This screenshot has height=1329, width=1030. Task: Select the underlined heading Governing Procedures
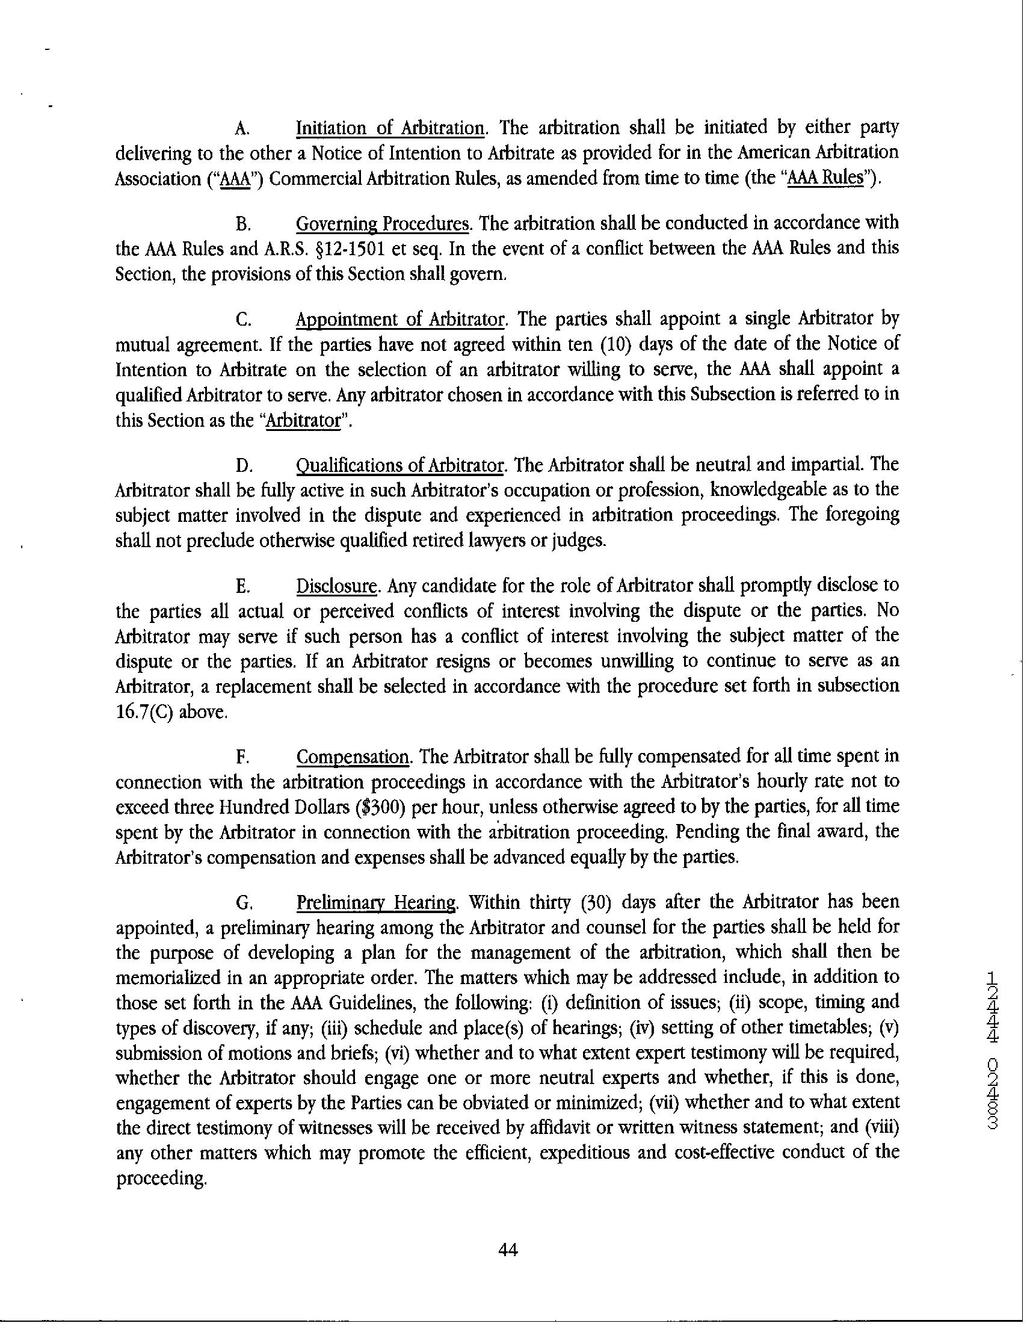click(383, 224)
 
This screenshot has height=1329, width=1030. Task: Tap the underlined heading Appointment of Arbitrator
click(401, 320)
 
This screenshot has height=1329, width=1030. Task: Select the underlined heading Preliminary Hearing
click(376, 902)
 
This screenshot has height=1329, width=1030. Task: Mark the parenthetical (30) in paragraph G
click(596, 902)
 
